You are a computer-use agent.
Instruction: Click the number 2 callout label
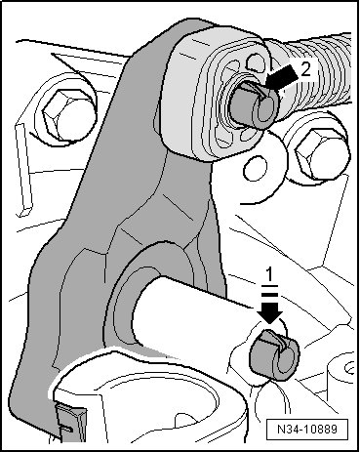(x=305, y=69)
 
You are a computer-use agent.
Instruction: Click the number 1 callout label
(x=268, y=275)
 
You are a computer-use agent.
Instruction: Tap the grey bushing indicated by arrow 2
(x=256, y=103)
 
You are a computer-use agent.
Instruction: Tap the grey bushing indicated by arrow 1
(x=274, y=355)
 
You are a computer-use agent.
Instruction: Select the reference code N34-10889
(x=306, y=429)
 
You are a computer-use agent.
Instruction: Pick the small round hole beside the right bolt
(x=256, y=168)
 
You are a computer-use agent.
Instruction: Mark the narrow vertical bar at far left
(x=23, y=169)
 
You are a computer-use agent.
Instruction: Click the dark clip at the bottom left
(x=70, y=423)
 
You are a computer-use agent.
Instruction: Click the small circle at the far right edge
(x=349, y=368)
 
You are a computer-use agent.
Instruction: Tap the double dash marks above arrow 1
(x=269, y=290)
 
